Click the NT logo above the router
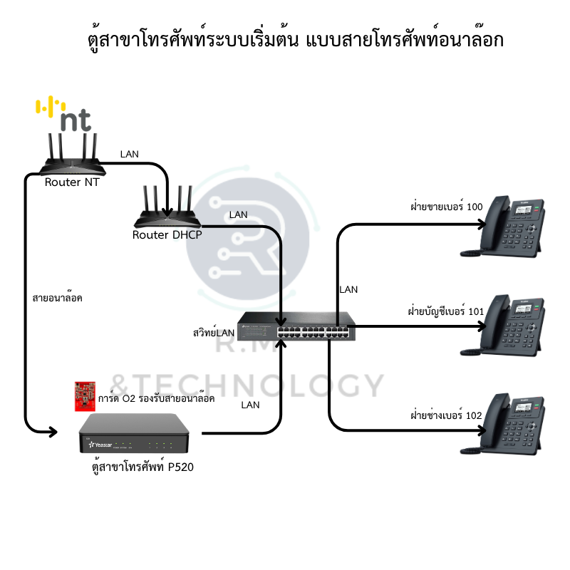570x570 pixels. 65,115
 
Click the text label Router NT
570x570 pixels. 72,182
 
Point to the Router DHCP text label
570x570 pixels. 167,234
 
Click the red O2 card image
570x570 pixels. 85,396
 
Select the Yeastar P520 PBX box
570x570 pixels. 140,435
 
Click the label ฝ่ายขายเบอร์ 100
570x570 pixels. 446,207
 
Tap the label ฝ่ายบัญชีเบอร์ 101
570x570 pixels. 445,311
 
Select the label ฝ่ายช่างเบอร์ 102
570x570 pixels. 446,415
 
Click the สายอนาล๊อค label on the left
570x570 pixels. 58,298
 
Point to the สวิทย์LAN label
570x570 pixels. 214,332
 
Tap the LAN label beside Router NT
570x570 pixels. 130,153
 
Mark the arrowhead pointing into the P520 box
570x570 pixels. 52,431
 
